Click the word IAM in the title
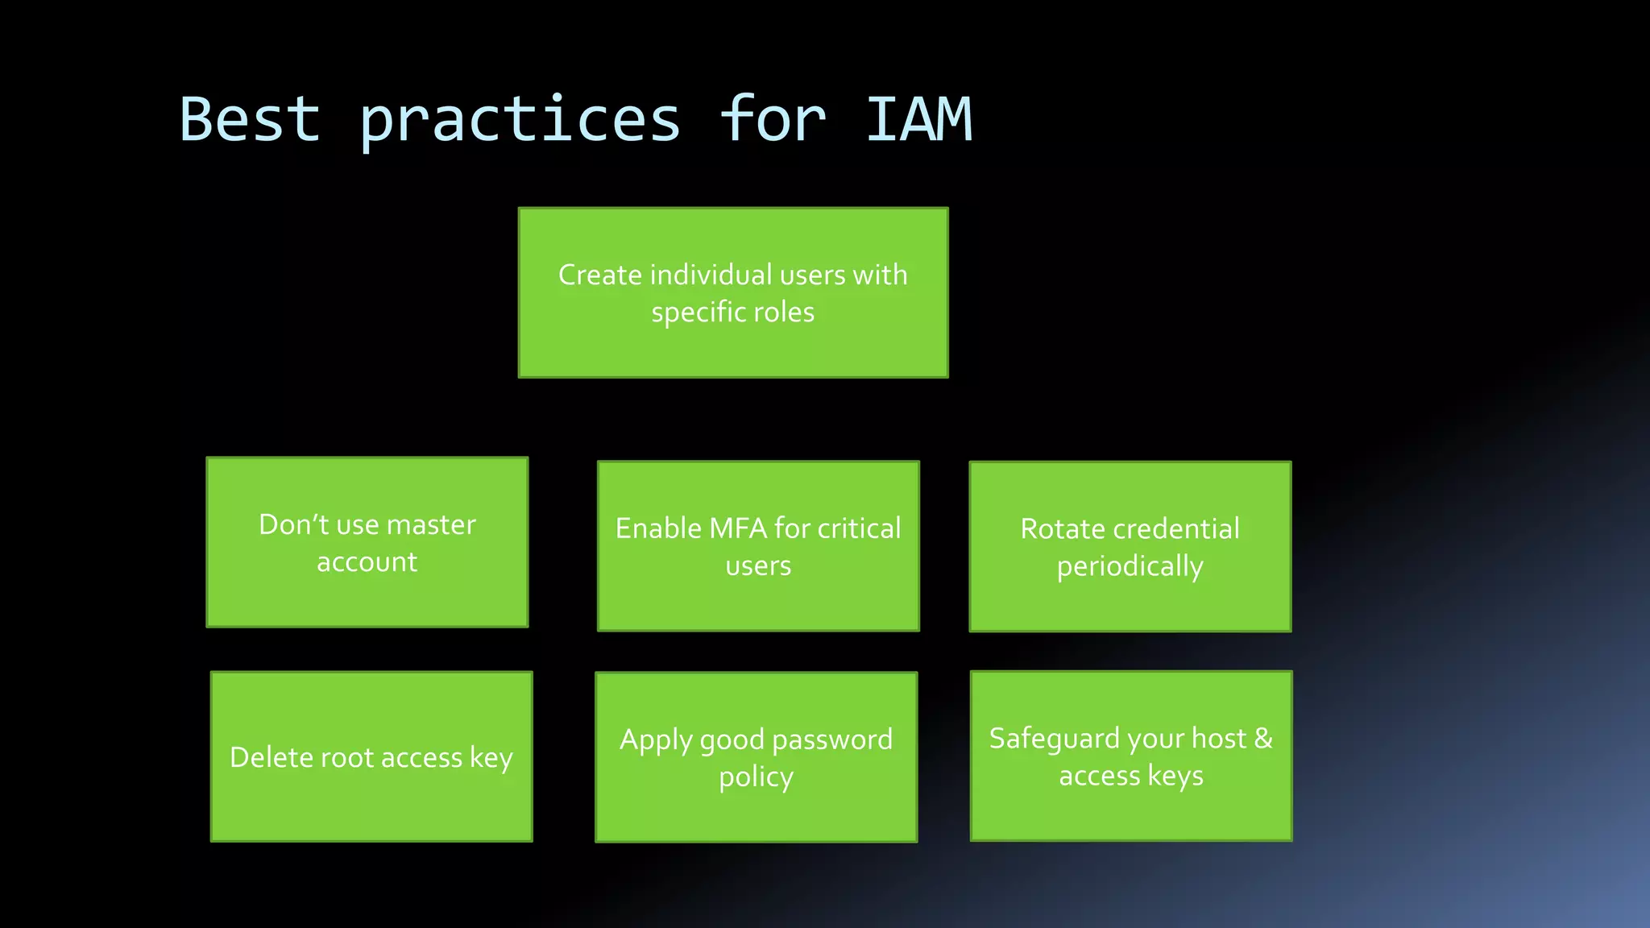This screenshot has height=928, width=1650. pos(918,120)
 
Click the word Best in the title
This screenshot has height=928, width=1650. pos(250,120)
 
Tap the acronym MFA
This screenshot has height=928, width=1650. pos(737,528)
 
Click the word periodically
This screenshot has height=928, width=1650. pos(1130,567)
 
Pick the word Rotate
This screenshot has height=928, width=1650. pos(1055,529)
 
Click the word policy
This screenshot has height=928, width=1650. pos(756,778)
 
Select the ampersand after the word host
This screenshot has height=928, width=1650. pos(1263,739)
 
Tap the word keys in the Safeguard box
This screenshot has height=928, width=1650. pos(1175,777)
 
